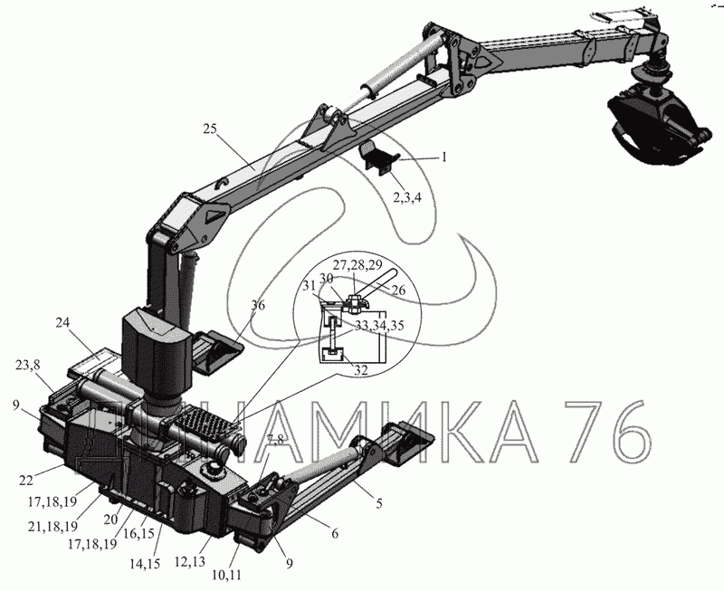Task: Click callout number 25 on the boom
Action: [x=210, y=129]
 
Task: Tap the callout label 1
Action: [x=444, y=157]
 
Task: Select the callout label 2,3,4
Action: [x=406, y=198]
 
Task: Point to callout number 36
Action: [x=258, y=305]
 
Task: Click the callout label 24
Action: [x=62, y=322]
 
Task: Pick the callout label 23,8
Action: [x=28, y=365]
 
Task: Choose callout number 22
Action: [x=26, y=481]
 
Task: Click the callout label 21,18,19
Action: [x=52, y=527]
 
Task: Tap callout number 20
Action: [x=110, y=520]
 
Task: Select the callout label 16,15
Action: [x=138, y=534]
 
